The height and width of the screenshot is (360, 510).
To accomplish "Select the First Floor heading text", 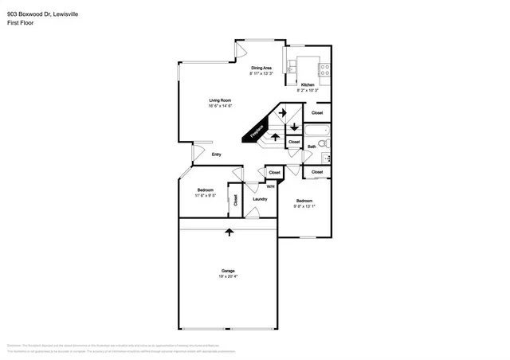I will pos(20,23).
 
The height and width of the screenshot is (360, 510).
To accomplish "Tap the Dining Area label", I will pos(261,68).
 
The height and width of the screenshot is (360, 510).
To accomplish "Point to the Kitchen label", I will pos(307,85).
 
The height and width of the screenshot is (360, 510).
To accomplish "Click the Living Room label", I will pos(220,100).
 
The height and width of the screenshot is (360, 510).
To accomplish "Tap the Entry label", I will pos(216,155).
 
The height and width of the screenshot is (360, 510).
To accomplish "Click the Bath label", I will pos(312,147).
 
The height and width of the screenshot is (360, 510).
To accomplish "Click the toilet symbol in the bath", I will pos(326,143).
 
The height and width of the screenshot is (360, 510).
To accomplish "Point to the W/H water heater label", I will pos(270,186).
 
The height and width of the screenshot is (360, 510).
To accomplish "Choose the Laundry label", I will pos(260,198).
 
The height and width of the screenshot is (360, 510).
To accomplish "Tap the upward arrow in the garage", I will pos(229,232).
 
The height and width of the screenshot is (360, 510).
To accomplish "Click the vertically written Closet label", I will pos(235,199).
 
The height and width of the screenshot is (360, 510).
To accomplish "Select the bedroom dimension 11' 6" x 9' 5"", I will pos(206,196).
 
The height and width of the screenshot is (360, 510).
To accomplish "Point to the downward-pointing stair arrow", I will pos(294,127).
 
